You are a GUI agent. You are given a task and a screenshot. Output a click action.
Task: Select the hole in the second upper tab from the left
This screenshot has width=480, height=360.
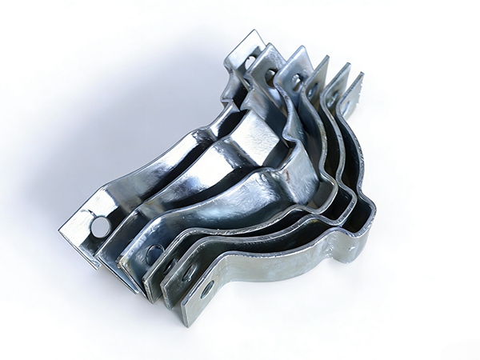point(271,76)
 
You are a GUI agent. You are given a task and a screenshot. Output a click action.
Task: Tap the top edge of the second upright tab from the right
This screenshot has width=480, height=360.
point(335,70)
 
